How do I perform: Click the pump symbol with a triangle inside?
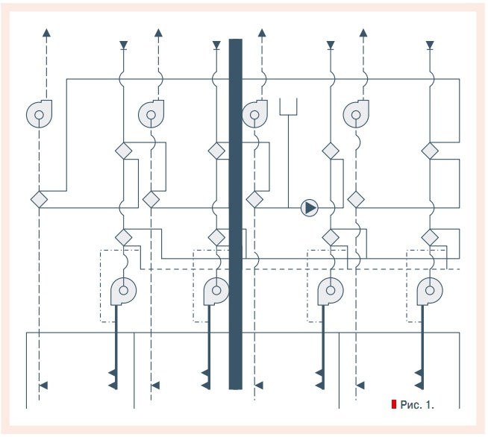point(309,207)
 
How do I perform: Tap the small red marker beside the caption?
point(393,404)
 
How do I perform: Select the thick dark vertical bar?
point(236,213)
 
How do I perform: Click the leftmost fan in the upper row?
point(38,114)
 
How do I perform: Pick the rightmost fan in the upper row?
point(356,114)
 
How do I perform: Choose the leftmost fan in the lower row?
point(122,291)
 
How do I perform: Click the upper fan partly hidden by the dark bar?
point(254,114)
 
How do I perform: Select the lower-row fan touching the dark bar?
point(216,291)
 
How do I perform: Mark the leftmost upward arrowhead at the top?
point(46,33)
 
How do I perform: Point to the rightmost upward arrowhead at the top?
point(363,33)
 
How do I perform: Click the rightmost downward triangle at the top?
point(430,45)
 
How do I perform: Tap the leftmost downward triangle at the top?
point(123,45)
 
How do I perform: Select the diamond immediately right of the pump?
point(356,200)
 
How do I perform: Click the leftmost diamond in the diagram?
point(38,200)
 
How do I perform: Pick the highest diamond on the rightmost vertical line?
point(430,151)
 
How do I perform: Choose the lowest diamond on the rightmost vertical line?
point(430,237)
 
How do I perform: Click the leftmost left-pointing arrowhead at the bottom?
point(43,385)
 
